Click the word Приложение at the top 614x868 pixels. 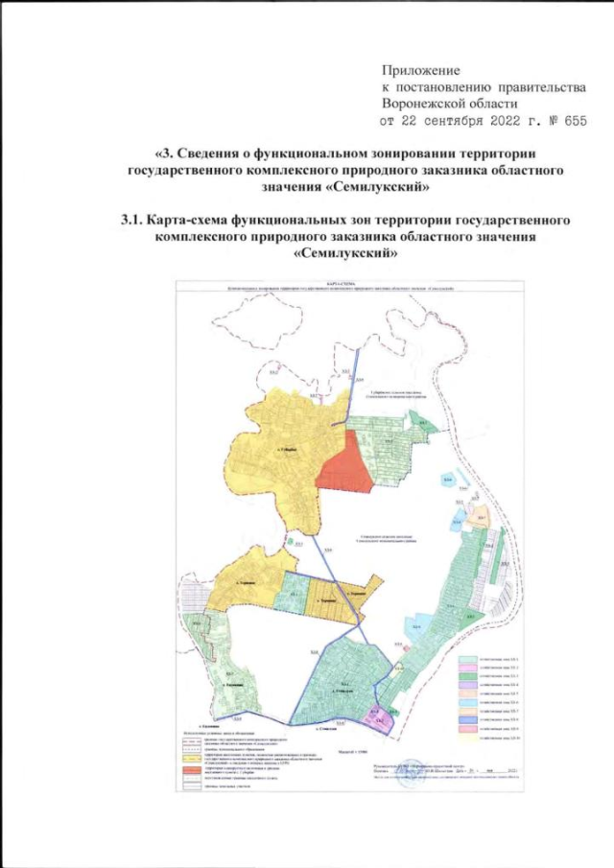point(421,71)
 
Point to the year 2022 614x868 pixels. point(516,122)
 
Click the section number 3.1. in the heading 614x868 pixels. point(136,221)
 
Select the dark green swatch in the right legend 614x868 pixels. point(467,679)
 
